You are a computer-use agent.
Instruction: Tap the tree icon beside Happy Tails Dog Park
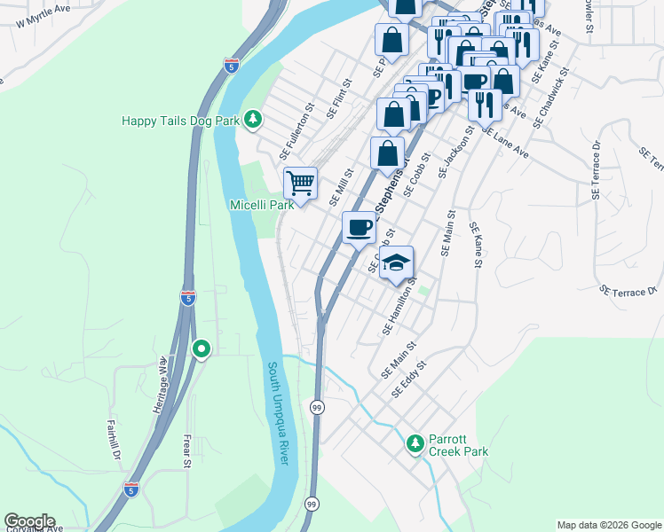[x=253, y=119]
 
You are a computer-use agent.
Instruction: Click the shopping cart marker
[x=300, y=184]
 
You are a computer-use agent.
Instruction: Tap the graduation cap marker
[x=397, y=262]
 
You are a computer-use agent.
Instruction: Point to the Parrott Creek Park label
[x=458, y=445]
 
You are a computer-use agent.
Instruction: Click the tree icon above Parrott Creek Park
[x=414, y=442]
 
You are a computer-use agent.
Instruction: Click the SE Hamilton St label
[x=399, y=306]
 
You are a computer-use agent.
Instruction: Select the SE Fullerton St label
[x=296, y=128]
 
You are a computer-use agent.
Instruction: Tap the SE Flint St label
[x=339, y=98]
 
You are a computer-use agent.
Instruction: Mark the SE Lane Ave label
[x=505, y=142]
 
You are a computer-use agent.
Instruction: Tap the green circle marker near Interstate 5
[x=202, y=349]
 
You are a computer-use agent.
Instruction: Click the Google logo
[x=29, y=521]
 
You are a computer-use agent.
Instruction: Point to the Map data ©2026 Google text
[x=609, y=525]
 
